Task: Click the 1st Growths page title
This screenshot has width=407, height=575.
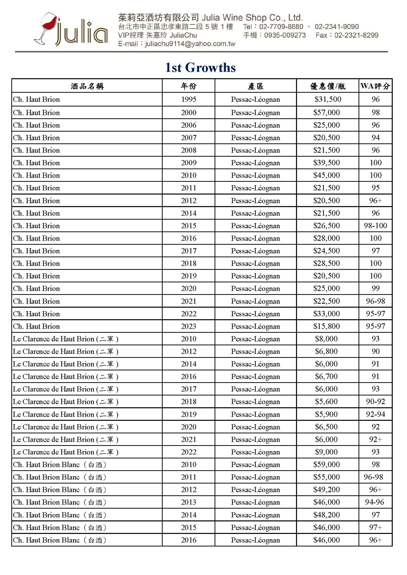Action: [200, 68]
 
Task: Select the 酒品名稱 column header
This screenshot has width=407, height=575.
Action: [87, 86]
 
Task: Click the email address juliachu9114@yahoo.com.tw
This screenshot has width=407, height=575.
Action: [190, 44]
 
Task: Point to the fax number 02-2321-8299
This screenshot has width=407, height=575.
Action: [356, 35]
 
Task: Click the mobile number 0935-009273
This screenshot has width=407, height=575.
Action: [285, 35]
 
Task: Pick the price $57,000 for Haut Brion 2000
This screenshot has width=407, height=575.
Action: [326, 112]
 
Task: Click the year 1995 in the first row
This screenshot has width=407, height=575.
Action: [189, 99]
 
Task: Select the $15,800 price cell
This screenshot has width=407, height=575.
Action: [326, 326]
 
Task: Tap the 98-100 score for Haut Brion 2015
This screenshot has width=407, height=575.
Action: [375, 226]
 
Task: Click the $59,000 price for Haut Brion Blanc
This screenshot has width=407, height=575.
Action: [326, 464]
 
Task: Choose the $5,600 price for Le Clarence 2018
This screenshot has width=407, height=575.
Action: [326, 401]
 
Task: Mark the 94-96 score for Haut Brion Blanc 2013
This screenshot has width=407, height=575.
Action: [375, 502]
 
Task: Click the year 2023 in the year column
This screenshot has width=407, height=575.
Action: [189, 326]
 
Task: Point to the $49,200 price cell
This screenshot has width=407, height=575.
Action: [326, 489]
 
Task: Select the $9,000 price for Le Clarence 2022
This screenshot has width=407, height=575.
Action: [326, 452]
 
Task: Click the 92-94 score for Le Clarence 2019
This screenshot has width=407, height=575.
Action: [375, 414]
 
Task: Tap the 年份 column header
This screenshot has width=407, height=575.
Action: [189, 86]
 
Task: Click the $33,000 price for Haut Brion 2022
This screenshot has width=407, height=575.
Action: [326, 314]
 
